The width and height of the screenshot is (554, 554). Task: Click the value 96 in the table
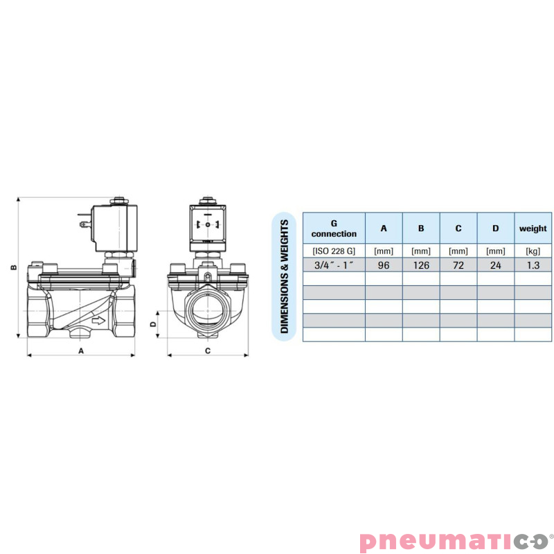384,265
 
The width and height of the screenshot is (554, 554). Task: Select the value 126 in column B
421,265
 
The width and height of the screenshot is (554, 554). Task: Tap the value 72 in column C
458,265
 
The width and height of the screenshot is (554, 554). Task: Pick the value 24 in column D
495,265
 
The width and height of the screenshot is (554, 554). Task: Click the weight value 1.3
533,265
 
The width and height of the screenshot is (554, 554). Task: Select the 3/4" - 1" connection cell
334,265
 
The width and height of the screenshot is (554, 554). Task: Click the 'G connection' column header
334,229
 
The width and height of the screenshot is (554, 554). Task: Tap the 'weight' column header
533,229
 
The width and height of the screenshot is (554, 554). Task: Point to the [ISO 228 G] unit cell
334,251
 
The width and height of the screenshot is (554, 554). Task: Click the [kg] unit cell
533,251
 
